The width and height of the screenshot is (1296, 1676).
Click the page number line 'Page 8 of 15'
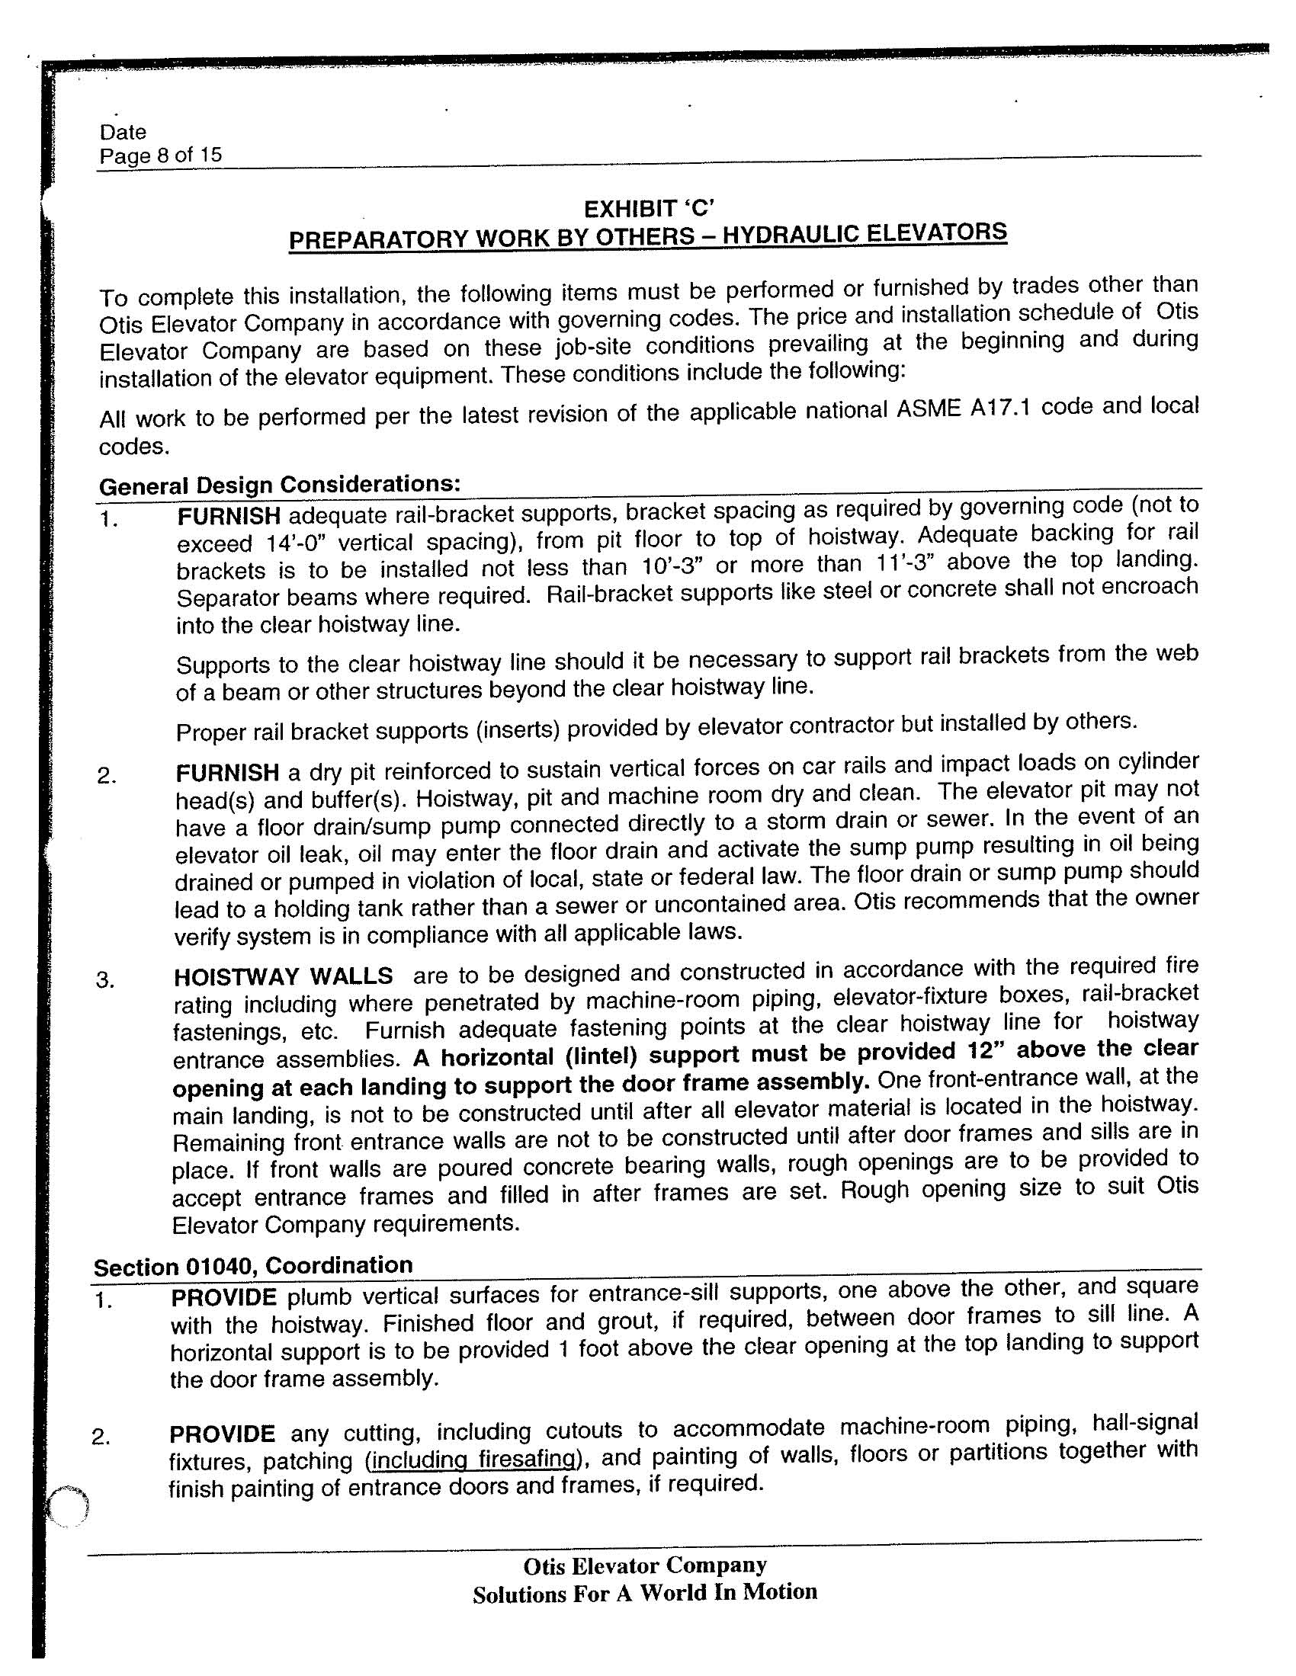(160, 155)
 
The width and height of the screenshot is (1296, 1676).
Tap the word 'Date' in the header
(123, 132)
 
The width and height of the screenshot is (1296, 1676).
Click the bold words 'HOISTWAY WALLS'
(284, 976)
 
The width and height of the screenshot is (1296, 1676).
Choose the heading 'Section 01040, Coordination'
(253, 1265)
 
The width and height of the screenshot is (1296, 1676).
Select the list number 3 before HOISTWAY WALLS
(104, 980)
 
